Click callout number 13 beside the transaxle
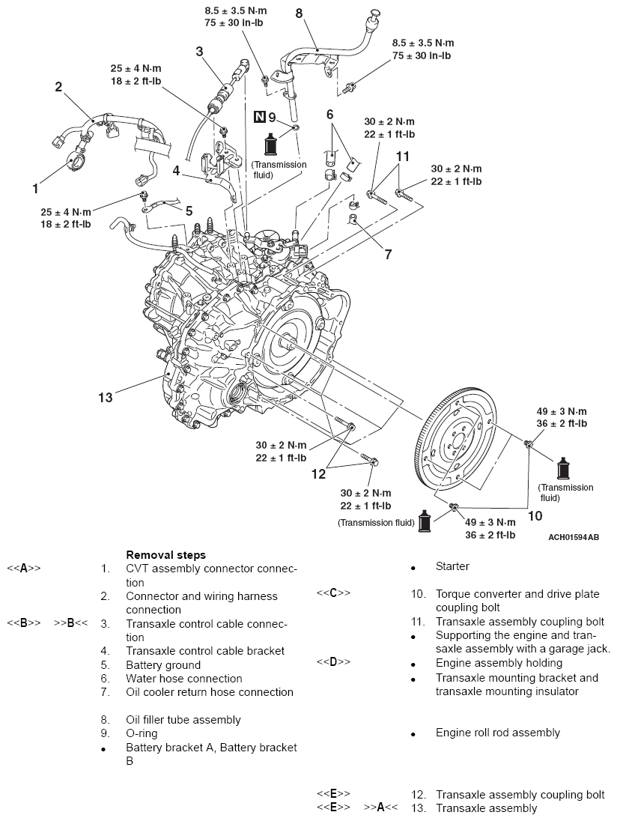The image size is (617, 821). [106, 396]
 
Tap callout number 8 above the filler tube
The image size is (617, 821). [300, 13]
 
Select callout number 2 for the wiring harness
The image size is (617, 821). [58, 86]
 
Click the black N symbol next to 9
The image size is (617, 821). [260, 117]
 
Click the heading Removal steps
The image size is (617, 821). [165, 555]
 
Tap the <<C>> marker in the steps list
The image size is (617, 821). [332, 593]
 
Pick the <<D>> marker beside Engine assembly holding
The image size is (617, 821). [332, 662]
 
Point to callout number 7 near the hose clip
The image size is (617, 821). [388, 255]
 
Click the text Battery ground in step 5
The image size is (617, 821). [163, 665]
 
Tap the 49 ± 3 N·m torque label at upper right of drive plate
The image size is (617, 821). [562, 412]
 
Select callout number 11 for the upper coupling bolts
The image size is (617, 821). [404, 157]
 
